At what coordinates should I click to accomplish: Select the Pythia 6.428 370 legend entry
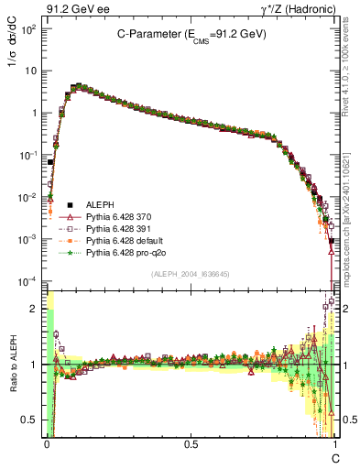pyautogui.click(x=123, y=215)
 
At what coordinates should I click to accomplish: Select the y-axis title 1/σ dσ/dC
pyautogui.click(x=14, y=55)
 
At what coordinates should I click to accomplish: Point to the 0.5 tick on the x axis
pyautogui.click(x=191, y=442)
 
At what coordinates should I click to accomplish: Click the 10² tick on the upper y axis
pyautogui.click(x=29, y=28)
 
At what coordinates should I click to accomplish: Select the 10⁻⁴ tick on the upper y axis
pyautogui.click(x=29, y=280)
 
